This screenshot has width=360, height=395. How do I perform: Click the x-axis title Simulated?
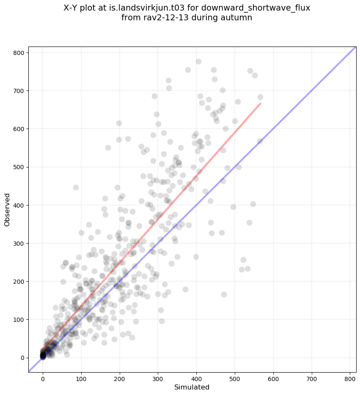(192, 387)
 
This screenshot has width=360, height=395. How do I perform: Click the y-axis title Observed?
(7, 210)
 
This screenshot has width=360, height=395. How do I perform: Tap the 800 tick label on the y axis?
(19, 52)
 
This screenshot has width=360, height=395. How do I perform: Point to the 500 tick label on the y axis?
(19, 167)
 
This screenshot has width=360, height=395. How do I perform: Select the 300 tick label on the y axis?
(19, 243)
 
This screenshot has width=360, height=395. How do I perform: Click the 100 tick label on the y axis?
(19, 320)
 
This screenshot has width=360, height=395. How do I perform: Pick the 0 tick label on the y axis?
(22, 358)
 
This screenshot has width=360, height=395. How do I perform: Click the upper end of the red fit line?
(260, 103)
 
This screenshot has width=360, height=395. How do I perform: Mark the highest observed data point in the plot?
(198, 61)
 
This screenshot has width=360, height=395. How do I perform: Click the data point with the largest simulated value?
(260, 97)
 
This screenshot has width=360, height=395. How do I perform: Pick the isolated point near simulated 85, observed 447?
(76, 187)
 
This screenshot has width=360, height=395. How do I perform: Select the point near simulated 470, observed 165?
(224, 294)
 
